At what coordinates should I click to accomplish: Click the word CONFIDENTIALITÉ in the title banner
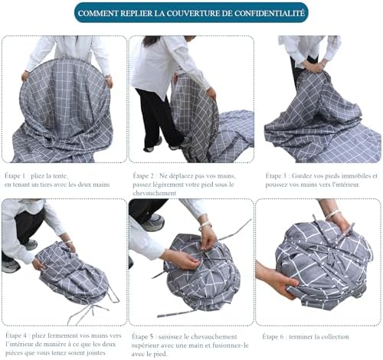pos(270,13)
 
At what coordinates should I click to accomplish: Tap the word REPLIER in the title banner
pos(136,13)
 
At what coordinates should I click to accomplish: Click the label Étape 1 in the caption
pos(15,176)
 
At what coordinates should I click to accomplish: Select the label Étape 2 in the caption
pos(143,176)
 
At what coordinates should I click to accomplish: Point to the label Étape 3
pos(276,176)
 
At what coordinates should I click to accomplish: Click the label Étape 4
pos(16,335)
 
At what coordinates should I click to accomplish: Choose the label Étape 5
pos(142,337)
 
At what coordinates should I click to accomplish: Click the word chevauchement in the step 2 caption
pos(154,193)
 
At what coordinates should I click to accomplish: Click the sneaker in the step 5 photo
pos(152,222)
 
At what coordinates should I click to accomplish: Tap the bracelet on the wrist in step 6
pos(332,214)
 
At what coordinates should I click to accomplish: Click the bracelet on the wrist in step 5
pos(206,225)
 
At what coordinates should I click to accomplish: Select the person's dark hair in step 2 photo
pos(153,40)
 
